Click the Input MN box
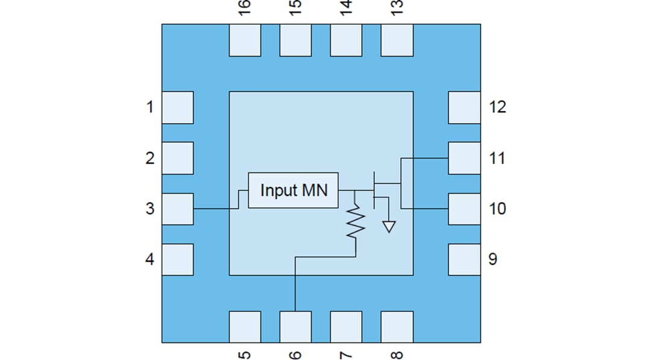[293, 190]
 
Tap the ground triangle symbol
[389, 227]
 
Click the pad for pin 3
[177, 209]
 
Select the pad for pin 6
[295, 326]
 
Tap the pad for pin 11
[464, 158]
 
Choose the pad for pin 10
[464, 209]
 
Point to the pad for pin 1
[177, 107]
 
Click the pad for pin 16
[245, 40]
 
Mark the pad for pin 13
[397, 40]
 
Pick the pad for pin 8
[397, 326]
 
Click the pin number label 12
[497, 107]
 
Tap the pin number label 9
[492, 259]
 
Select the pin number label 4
[149, 259]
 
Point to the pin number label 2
[149, 158]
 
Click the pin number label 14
[346, 8]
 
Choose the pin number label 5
[245, 353]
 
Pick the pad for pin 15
[295, 40]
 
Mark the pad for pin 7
[346, 326]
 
